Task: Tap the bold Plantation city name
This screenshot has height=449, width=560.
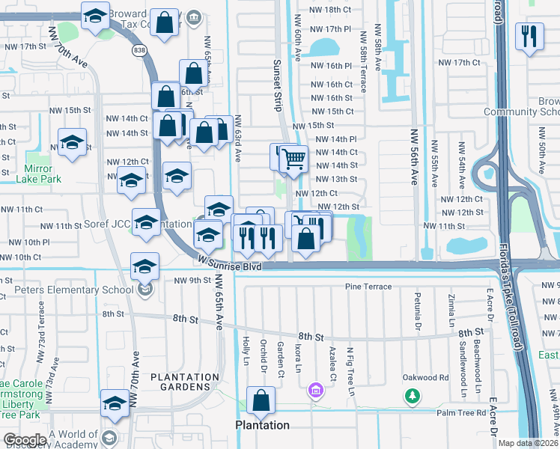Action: click(262, 425)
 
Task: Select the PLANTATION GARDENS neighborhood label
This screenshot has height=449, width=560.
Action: click(185, 382)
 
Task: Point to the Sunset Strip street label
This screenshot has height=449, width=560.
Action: click(277, 87)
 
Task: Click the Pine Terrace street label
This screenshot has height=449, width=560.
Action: click(368, 287)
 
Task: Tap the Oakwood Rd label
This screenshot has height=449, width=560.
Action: click(425, 377)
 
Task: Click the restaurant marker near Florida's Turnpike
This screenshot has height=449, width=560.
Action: click(530, 37)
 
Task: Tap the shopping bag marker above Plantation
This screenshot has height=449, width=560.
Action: click(261, 402)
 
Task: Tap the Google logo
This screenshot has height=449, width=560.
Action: click(25, 440)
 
